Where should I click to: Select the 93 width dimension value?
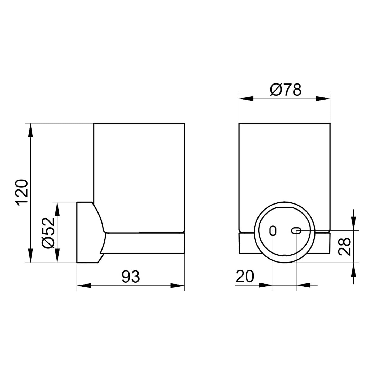[x=131, y=277]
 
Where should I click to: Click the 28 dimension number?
[x=345, y=247]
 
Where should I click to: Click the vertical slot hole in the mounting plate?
[x=273, y=230]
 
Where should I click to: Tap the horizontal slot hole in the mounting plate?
[x=296, y=230]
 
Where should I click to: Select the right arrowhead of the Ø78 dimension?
[x=323, y=99]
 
